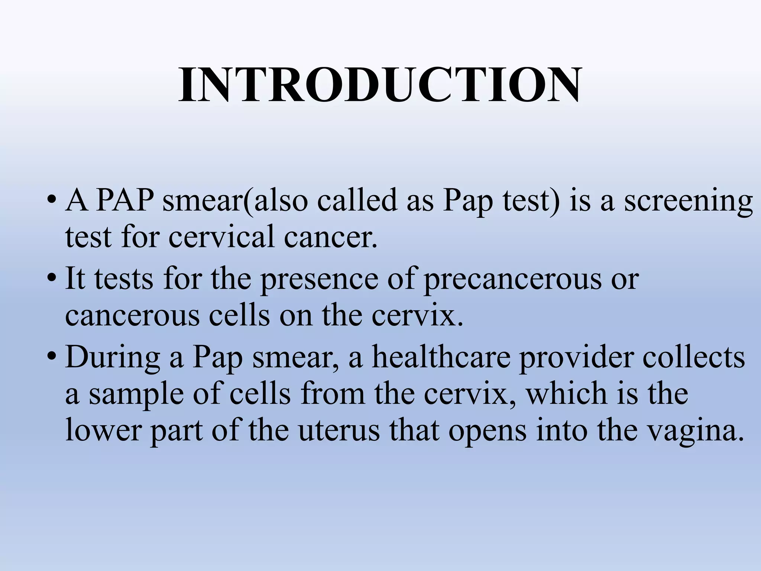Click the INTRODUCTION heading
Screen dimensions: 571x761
380,86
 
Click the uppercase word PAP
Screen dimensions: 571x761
125,201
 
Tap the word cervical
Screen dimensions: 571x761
223,237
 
